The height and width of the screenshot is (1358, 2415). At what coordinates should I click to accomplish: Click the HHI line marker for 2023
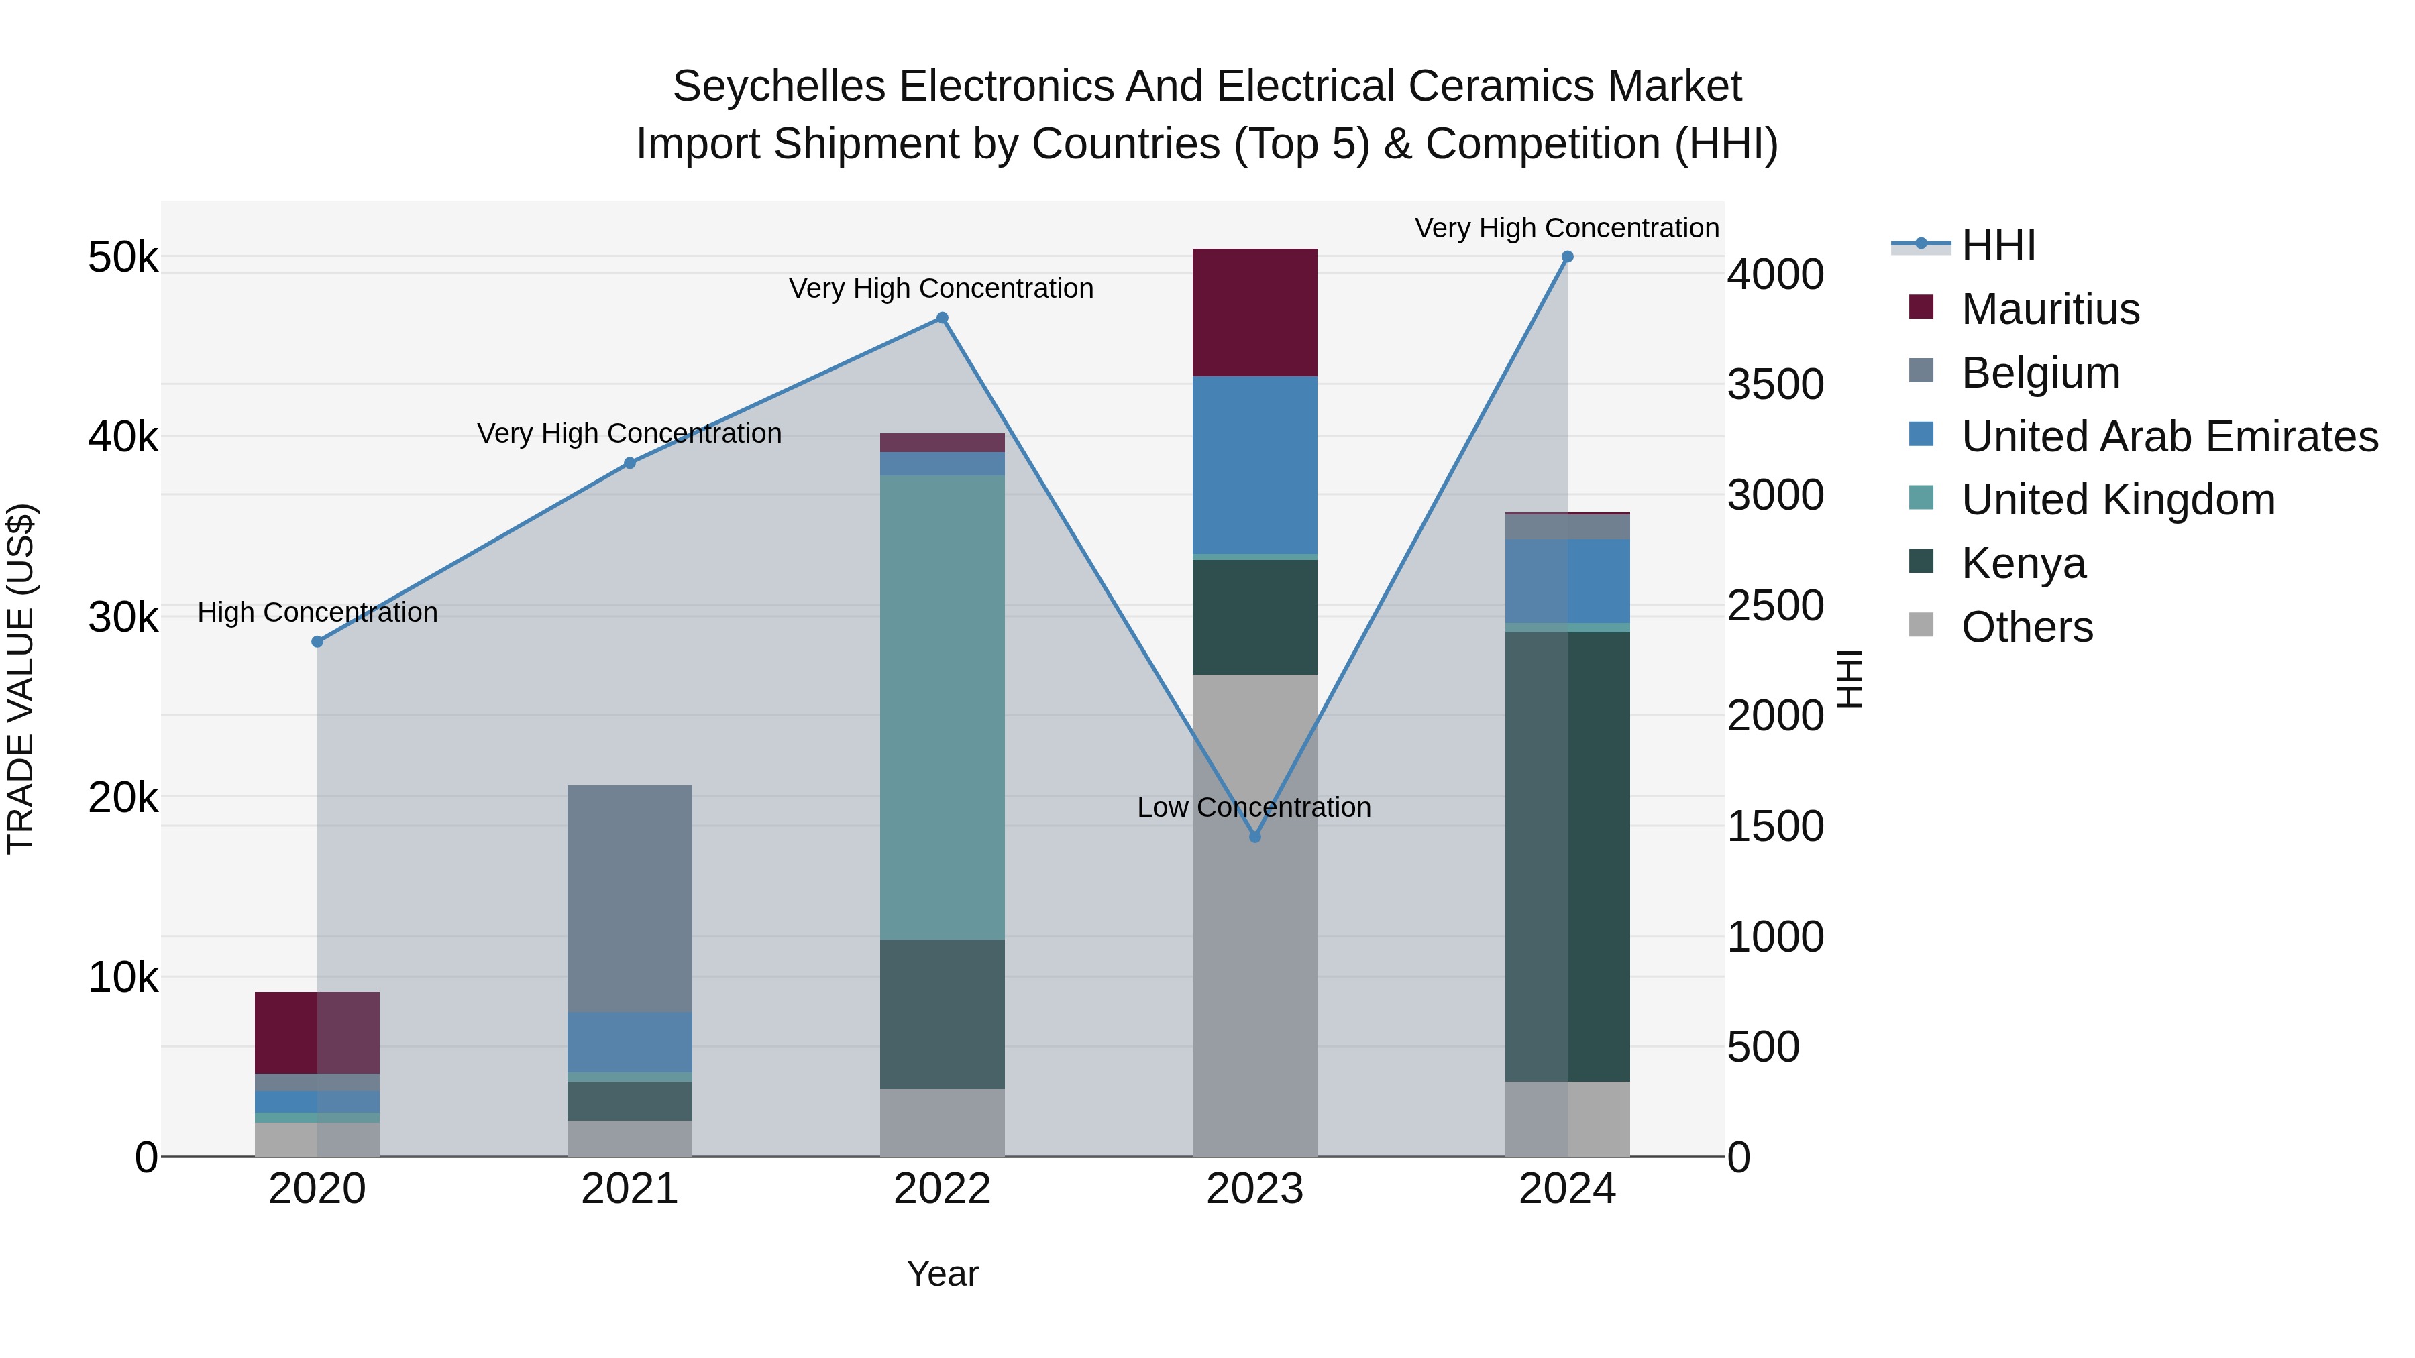tap(1254, 836)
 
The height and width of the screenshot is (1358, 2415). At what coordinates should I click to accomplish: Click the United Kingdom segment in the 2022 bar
tap(943, 707)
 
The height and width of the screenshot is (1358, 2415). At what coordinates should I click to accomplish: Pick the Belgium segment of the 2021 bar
tap(629, 898)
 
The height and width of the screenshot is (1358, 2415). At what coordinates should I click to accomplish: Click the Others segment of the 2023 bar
tap(1254, 915)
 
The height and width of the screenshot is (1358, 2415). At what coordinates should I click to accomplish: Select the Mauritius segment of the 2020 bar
tap(317, 1032)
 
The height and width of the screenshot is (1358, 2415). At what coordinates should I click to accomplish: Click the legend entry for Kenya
tap(2023, 563)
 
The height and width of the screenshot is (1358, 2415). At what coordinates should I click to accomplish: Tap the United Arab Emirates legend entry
tap(2168, 436)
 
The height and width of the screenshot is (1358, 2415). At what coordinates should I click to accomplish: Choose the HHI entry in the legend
tap(1998, 245)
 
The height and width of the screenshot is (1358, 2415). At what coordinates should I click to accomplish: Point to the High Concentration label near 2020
tap(317, 612)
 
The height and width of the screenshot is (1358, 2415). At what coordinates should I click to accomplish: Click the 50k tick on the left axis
tap(123, 257)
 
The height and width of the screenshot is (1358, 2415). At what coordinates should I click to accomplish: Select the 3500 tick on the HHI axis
tap(1774, 384)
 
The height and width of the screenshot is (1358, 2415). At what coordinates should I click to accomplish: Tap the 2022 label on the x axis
tap(943, 1189)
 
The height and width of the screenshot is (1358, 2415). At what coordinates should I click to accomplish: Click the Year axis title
tap(943, 1274)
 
